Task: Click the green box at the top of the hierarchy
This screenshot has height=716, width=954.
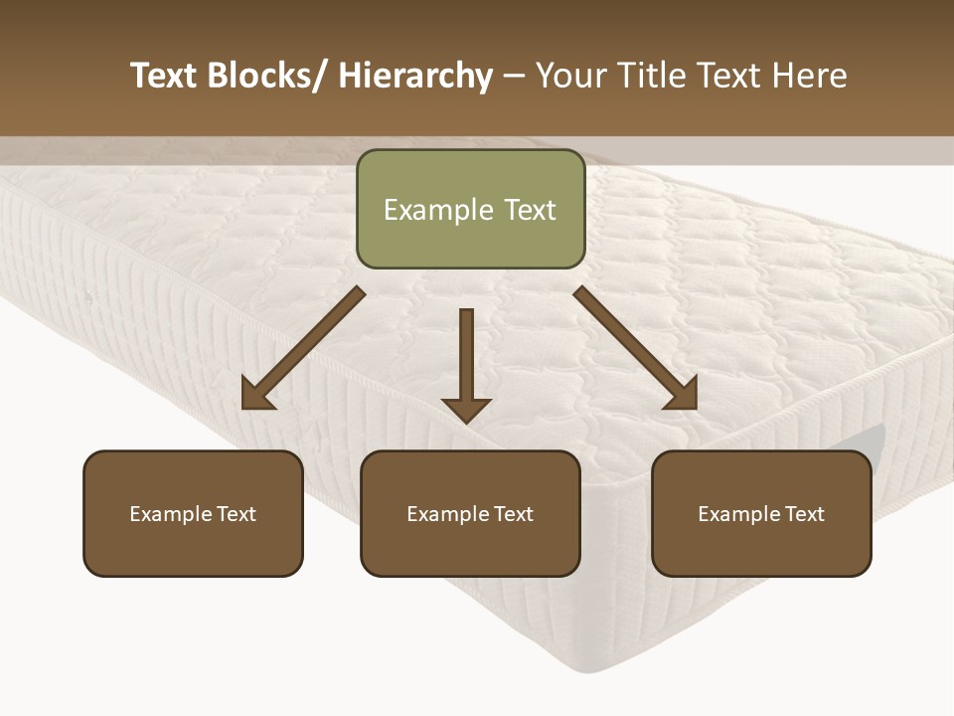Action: click(x=470, y=209)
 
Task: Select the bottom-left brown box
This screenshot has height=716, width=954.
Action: click(x=193, y=513)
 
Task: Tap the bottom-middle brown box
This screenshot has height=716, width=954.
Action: click(x=470, y=513)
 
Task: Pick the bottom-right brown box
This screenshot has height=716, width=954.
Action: click(x=761, y=513)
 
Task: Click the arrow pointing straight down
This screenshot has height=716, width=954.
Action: click(x=466, y=363)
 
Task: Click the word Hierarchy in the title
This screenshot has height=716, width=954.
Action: click(x=415, y=76)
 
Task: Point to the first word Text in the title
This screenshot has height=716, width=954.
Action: click(x=164, y=76)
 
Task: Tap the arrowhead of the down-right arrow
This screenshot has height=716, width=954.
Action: click(x=683, y=395)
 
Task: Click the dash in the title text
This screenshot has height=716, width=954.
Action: click(x=514, y=77)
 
